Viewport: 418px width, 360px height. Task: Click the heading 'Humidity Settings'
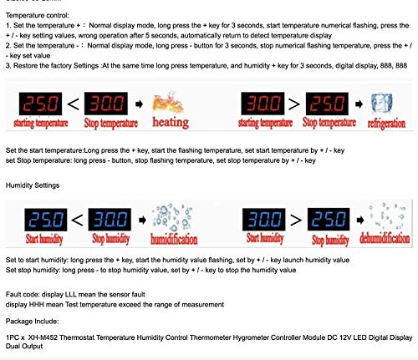[32, 182]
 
